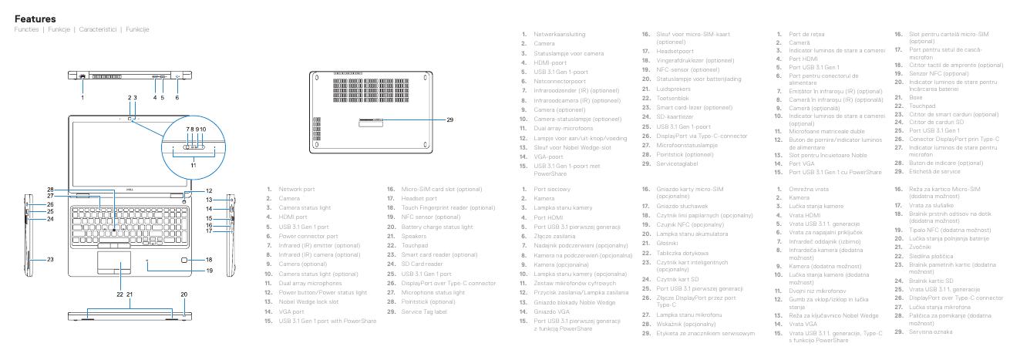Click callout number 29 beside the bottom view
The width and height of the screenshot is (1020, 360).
[x=450, y=119]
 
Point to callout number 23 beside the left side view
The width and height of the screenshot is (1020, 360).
[x=49, y=259]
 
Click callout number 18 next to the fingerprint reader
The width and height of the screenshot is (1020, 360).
[x=208, y=260]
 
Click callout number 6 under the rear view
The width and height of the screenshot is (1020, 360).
[x=177, y=97]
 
